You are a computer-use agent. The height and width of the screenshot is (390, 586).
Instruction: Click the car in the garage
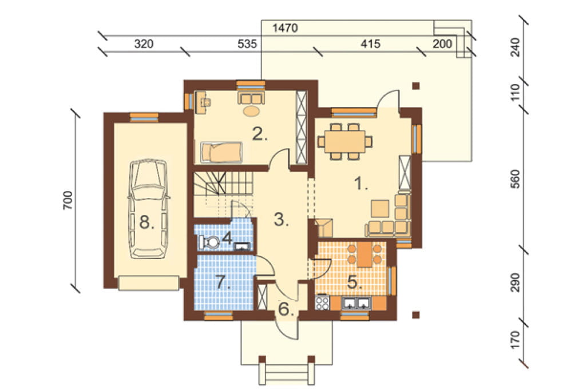[x=148, y=209]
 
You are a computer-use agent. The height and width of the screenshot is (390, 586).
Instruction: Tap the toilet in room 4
[x=211, y=242]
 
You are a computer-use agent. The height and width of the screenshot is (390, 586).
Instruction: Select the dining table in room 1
[x=345, y=141]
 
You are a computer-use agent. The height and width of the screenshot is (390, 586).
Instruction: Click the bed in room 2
[x=221, y=153]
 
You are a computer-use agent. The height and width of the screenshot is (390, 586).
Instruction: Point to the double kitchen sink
[x=355, y=303]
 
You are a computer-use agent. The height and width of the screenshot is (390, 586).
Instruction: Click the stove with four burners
[x=322, y=303]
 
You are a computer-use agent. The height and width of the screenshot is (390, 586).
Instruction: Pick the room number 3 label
[x=281, y=220]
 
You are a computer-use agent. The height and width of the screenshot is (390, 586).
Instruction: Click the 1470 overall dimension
[x=285, y=27]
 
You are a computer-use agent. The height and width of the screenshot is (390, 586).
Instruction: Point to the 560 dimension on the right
[x=516, y=180]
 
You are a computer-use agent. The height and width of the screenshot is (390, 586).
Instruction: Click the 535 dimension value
[x=247, y=44]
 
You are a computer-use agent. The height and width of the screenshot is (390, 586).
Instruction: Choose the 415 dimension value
[x=370, y=44]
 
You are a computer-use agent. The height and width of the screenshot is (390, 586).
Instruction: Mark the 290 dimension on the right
[x=516, y=283]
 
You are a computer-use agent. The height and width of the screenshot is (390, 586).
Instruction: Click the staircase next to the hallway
[x=224, y=194]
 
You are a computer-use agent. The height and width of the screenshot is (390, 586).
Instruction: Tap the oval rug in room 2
[x=251, y=111]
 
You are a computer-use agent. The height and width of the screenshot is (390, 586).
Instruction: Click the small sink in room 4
[x=242, y=246]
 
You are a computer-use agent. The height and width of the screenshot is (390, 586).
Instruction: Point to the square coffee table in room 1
[x=380, y=209]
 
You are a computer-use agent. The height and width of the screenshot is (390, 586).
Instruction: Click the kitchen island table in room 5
[x=365, y=255]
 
